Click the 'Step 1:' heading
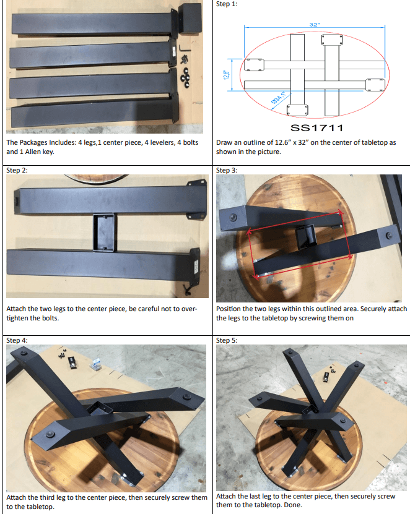pyautogui.click(x=227, y=4)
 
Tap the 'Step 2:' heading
pyautogui.click(x=17, y=170)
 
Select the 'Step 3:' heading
pyautogui.click(x=227, y=170)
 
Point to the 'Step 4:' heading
pyautogui.click(x=17, y=340)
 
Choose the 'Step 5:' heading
pyautogui.click(x=227, y=340)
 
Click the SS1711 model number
pyautogui.click(x=316, y=128)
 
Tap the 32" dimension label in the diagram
pyautogui.click(x=315, y=25)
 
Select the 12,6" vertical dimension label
pyautogui.click(x=226, y=75)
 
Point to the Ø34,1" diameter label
pyautogui.click(x=278, y=98)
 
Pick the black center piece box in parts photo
pyautogui.click(x=190, y=19)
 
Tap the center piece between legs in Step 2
pyautogui.click(x=105, y=232)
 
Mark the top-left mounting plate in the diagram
pyautogui.click(x=254, y=64)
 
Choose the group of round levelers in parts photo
pyautogui.click(x=185, y=77)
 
